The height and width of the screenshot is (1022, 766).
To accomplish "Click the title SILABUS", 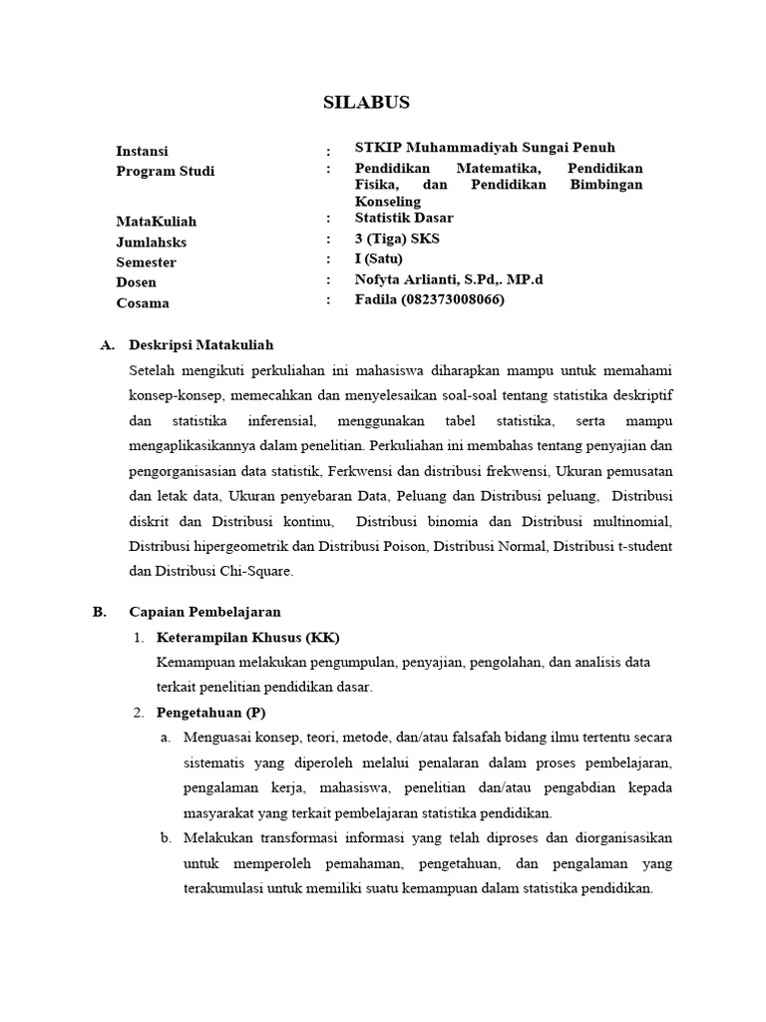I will (367, 103).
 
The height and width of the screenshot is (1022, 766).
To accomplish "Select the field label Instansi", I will (142, 151).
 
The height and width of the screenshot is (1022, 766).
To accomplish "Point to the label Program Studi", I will (166, 171).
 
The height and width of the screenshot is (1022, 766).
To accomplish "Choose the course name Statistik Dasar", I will (404, 218).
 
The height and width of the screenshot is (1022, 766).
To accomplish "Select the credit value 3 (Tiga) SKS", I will (397, 239).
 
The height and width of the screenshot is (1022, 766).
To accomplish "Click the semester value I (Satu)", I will (379, 258).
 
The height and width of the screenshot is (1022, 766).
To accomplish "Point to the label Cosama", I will (143, 303).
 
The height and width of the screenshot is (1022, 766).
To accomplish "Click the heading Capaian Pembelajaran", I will (204, 612).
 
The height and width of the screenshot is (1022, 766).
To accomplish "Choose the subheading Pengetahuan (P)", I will (210, 713).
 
